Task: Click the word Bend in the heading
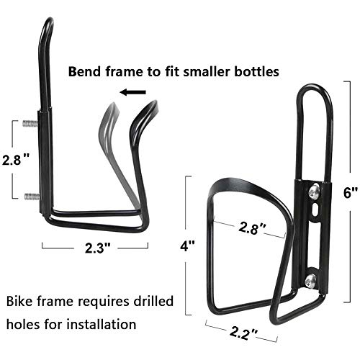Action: coord(85,71)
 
